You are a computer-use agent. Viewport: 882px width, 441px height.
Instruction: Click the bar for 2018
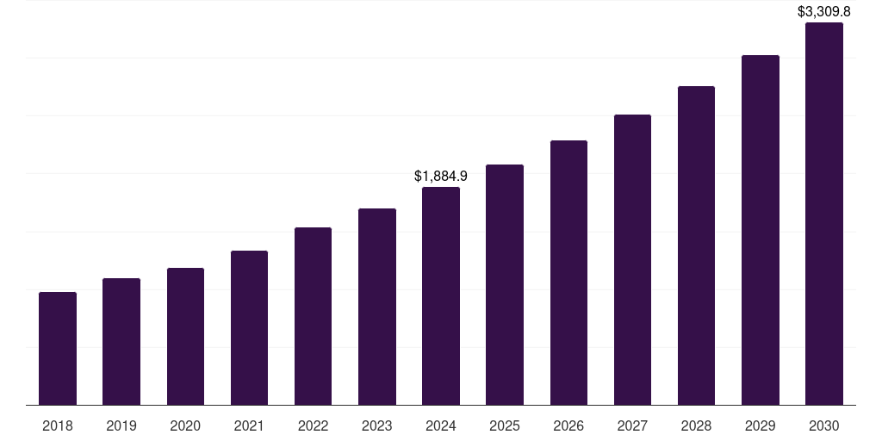(x=58, y=349)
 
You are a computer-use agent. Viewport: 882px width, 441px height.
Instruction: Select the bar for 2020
(x=185, y=337)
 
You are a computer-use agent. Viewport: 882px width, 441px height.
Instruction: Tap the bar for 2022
(x=313, y=316)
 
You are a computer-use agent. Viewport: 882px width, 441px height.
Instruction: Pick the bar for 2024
(x=441, y=296)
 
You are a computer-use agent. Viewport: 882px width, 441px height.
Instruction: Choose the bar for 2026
(x=568, y=273)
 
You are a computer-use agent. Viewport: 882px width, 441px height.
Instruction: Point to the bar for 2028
(x=696, y=245)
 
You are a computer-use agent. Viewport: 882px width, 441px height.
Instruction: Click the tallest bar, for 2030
(x=824, y=214)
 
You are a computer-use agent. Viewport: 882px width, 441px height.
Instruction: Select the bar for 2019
(x=121, y=342)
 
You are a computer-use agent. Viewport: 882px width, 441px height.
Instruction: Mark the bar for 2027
(x=632, y=260)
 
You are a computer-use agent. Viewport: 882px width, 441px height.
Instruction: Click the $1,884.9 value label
(x=441, y=176)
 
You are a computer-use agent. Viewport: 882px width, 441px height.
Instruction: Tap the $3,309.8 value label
(x=824, y=12)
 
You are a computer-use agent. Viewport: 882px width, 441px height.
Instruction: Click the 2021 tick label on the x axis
(x=249, y=425)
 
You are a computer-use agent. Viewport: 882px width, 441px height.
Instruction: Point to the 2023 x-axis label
(x=377, y=425)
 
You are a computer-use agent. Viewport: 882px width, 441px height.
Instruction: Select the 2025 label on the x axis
(x=505, y=425)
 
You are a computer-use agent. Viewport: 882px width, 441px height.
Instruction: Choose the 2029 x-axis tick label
(x=761, y=425)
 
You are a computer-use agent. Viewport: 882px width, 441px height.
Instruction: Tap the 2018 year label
(x=58, y=425)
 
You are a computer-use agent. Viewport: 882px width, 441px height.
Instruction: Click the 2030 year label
(x=824, y=425)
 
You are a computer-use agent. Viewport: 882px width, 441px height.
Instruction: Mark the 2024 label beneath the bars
(x=441, y=425)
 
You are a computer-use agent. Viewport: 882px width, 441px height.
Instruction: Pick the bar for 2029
(x=761, y=230)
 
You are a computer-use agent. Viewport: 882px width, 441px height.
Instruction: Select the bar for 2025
(x=505, y=285)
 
